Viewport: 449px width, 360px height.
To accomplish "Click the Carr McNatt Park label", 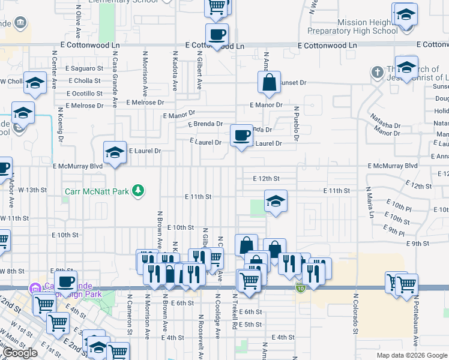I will tap(98, 193).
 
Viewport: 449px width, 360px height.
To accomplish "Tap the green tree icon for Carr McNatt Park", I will tap(139, 190).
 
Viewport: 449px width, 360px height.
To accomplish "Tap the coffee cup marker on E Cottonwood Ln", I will tap(217, 35).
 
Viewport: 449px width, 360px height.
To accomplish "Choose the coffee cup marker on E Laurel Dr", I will tap(241, 136).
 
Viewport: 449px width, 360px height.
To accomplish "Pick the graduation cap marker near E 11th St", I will tap(276, 202).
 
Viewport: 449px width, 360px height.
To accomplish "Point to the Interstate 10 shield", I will tap(300, 289).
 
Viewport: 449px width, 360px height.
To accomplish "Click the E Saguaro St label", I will tap(83, 68).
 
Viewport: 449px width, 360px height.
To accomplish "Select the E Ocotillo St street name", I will tap(85, 93).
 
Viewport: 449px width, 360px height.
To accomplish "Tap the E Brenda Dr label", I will tap(205, 124).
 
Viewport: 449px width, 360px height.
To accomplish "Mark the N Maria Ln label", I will tap(372, 203).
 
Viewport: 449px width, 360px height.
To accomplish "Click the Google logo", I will tap(20, 353).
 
